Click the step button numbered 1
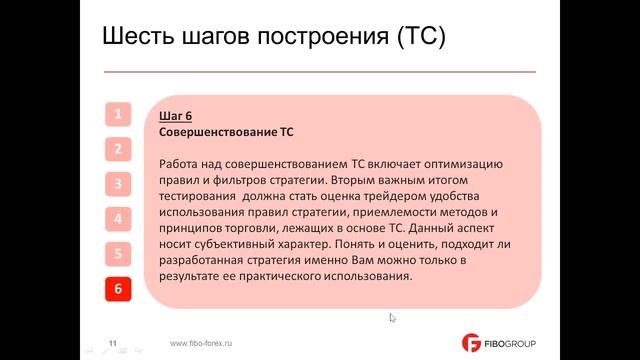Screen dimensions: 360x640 (x=118, y=114)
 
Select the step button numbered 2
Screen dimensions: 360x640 (x=118, y=149)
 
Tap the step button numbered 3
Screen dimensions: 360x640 (x=118, y=184)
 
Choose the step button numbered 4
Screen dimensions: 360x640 (x=118, y=219)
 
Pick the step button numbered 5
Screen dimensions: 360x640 (x=118, y=254)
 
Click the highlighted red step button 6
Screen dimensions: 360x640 (x=118, y=289)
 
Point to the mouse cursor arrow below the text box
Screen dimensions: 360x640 (x=392, y=317)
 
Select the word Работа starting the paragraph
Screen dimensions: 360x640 (x=182, y=164)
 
